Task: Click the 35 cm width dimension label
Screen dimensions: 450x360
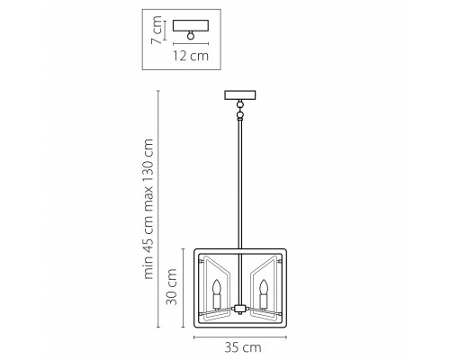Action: tap(243, 347)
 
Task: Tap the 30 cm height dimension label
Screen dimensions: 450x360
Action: tap(172, 287)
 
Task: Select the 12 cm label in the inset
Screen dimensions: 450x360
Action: tap(191, 56)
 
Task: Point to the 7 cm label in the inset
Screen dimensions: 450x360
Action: tap(157, 30)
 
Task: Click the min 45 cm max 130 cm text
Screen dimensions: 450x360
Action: tap(148, 209)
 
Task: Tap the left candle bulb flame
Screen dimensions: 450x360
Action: tap(217, 287)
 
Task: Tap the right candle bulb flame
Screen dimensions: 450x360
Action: tap(264, 287)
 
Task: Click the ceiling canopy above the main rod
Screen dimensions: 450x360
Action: tap(240, 94)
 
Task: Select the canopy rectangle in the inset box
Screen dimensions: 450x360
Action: tap(191, 25)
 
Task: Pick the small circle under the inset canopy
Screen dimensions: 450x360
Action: tap(191, 35)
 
